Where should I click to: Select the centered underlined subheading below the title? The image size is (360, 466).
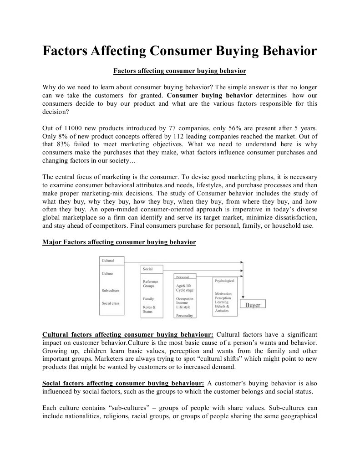tap(179, 71)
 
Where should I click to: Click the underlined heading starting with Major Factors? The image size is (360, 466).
tap(119, 242)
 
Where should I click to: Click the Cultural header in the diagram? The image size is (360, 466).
tap(108, 261)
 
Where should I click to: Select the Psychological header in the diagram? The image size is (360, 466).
tap(224, 281)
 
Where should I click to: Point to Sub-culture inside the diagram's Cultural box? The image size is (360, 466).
tap(111, 290)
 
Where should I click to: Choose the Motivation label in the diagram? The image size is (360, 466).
tap(223, 293)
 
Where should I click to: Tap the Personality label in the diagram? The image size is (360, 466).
tap(184, 315)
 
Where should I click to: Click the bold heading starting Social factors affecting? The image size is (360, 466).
tap(123, 383)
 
